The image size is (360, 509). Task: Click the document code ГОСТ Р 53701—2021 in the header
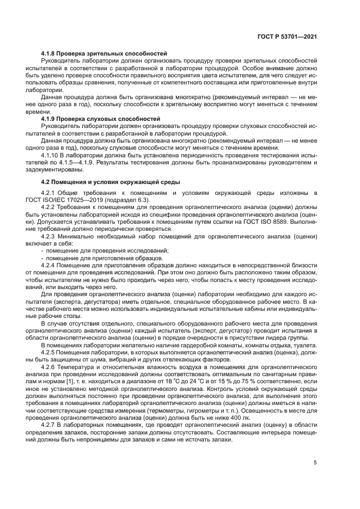(288, 36)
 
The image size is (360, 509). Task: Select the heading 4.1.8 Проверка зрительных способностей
(103, 53)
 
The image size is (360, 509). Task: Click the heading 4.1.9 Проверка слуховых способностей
(100, 118)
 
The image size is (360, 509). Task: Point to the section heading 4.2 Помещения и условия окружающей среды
(111, 181)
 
